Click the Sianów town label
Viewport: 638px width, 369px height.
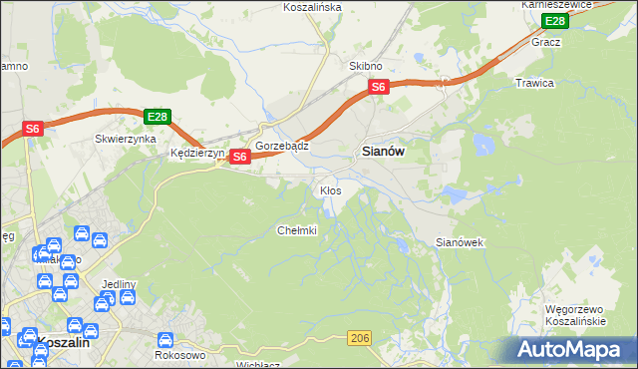point(381,153)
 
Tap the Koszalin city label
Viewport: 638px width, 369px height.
point(63,341)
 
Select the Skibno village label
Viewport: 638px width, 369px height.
point(366,66)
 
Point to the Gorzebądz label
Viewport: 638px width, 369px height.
point(282,145)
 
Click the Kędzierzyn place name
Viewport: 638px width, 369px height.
point(198,154)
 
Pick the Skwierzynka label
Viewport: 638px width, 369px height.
point(126,140)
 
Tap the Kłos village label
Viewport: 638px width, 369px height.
point(331,189)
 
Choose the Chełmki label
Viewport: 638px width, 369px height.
point(296,230)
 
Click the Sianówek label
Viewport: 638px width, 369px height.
point(460,242)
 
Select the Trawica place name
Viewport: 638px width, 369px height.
point(534,83)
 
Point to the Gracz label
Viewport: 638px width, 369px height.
point(546,42)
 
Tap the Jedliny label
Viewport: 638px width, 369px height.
point(118,284)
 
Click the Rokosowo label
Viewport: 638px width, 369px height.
point(180,354)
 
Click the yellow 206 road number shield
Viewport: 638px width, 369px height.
point(361,339)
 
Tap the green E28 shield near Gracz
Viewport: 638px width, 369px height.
point(554,21)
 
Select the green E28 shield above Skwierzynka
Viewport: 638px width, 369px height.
point(157,116)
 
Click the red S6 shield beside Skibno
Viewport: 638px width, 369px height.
point(379,88)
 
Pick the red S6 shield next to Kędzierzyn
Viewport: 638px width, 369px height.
point(239,157)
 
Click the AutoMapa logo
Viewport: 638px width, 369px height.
point(572,350)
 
